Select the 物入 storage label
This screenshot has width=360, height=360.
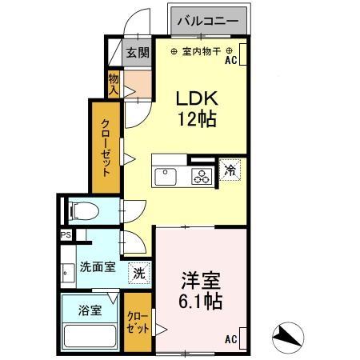point(114,83)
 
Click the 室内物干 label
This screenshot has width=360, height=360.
point(196,53)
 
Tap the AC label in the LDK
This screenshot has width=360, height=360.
point(231,59)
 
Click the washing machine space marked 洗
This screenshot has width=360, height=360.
point(140,272)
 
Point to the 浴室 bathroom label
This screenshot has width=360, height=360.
point(90,310)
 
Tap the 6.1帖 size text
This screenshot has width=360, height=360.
point(201,303)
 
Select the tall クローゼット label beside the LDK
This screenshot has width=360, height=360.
point(106,146)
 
